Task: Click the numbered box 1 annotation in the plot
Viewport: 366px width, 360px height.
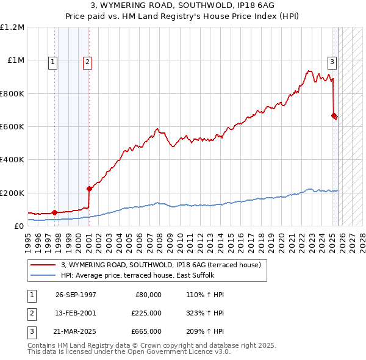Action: [x=53, y=61]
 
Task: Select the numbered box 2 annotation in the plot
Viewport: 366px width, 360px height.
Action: [x=88, y=61]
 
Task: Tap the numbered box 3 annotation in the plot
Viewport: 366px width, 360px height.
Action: [x=332, y=61]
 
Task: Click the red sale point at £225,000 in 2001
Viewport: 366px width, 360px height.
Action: [x=89, y=189]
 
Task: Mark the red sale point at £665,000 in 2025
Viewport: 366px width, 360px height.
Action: [x=334, y=115]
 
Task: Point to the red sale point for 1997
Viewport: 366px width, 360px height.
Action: [x=54, y=212]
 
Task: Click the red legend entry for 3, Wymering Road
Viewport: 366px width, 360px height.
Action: [x=161, y=264]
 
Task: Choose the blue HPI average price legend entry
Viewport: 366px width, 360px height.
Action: [x=146, y=275]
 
